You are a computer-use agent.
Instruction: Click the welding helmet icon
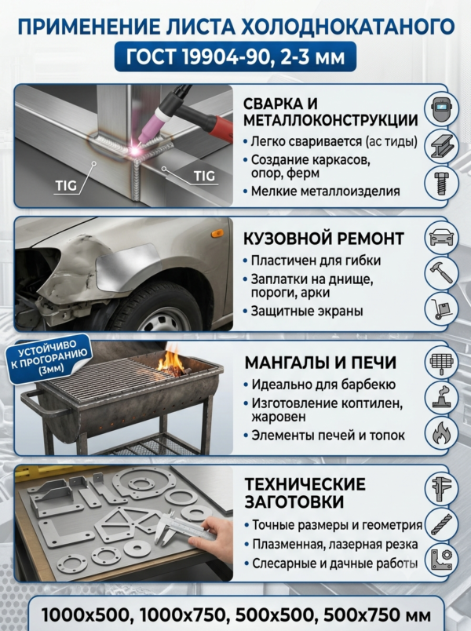click(442, 108)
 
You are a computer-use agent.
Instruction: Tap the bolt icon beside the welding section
click(442, 183)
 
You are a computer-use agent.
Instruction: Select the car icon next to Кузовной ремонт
click(442, 238)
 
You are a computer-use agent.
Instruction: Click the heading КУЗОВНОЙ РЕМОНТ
click(323, 239)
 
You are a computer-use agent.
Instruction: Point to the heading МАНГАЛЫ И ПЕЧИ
click(320, 363)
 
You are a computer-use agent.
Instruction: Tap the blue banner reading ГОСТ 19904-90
click(235, 57)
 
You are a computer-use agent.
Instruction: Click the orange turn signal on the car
click(217, 233)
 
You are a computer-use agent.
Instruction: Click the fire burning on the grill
click(171, 361)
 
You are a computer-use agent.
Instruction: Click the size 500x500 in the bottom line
click(274, 615)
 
